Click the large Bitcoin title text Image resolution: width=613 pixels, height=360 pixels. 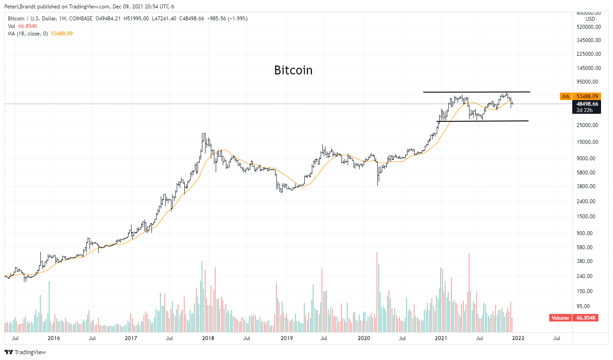[x=293, y=70]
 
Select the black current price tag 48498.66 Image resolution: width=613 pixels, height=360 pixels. [x=587, y=104]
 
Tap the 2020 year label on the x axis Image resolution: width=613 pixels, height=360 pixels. [x=364, y=338]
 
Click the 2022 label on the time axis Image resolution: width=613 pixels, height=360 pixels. [x=518, y=338]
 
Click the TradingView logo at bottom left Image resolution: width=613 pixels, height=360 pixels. [x=25, y=352]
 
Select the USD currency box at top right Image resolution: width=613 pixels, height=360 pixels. [x=590, y=19]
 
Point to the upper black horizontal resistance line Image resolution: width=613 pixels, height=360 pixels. [x=476, y=92]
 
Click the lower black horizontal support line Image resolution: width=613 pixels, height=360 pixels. [x=483, y=121]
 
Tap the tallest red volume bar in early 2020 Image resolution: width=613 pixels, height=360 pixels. [x=377, y=292]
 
